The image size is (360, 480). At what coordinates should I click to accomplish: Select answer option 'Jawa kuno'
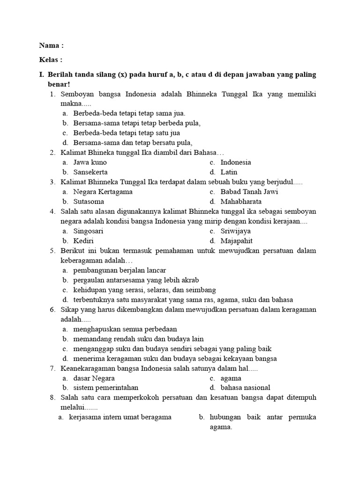[90, 162]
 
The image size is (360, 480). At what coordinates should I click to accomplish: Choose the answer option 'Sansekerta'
[90, 172]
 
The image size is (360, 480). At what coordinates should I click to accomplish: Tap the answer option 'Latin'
[229, 172]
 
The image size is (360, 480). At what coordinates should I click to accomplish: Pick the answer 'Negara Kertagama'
[103, 192]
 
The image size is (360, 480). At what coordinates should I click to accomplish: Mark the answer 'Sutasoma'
[89, 202]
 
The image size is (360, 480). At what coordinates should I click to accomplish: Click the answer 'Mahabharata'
[241, 202]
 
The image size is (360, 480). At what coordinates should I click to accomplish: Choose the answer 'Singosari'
[88, 231]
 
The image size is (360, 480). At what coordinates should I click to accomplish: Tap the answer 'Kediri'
[83, 241]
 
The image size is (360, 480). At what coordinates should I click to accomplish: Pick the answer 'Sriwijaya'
[235, 231]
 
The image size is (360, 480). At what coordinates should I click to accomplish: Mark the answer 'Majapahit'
[236, 241]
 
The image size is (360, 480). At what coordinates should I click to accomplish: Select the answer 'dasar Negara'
[94, 378]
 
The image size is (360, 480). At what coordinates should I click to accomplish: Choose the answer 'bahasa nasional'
[245, 388]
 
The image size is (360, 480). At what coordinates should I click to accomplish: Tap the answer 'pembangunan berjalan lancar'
[120, 270]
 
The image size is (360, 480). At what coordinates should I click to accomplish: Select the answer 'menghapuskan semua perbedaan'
[125, 329]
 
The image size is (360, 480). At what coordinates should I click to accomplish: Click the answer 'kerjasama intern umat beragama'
[120, 417]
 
